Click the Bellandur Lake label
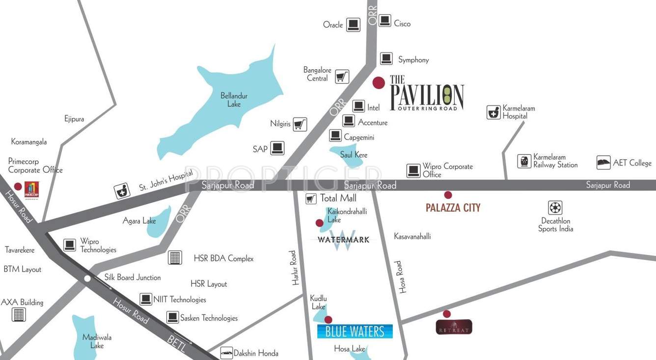point(234,100)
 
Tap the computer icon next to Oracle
point(353,25)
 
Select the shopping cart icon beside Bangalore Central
point(342,77)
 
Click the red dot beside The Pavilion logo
point(378,83)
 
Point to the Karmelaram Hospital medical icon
point(493,112)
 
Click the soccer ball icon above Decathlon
point(555,208)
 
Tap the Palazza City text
point(453,208)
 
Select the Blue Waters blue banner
point(355,332)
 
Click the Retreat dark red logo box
point(454,327)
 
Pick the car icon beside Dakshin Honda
point(226,352)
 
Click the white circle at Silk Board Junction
point(87,278)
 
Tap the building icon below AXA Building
point(19,314)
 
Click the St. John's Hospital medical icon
point(122,191)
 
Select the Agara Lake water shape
point(160,221)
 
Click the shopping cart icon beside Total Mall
point(310,198)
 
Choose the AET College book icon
point(603,163)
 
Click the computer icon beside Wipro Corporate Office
point(413,171)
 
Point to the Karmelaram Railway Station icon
point(524,161)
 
